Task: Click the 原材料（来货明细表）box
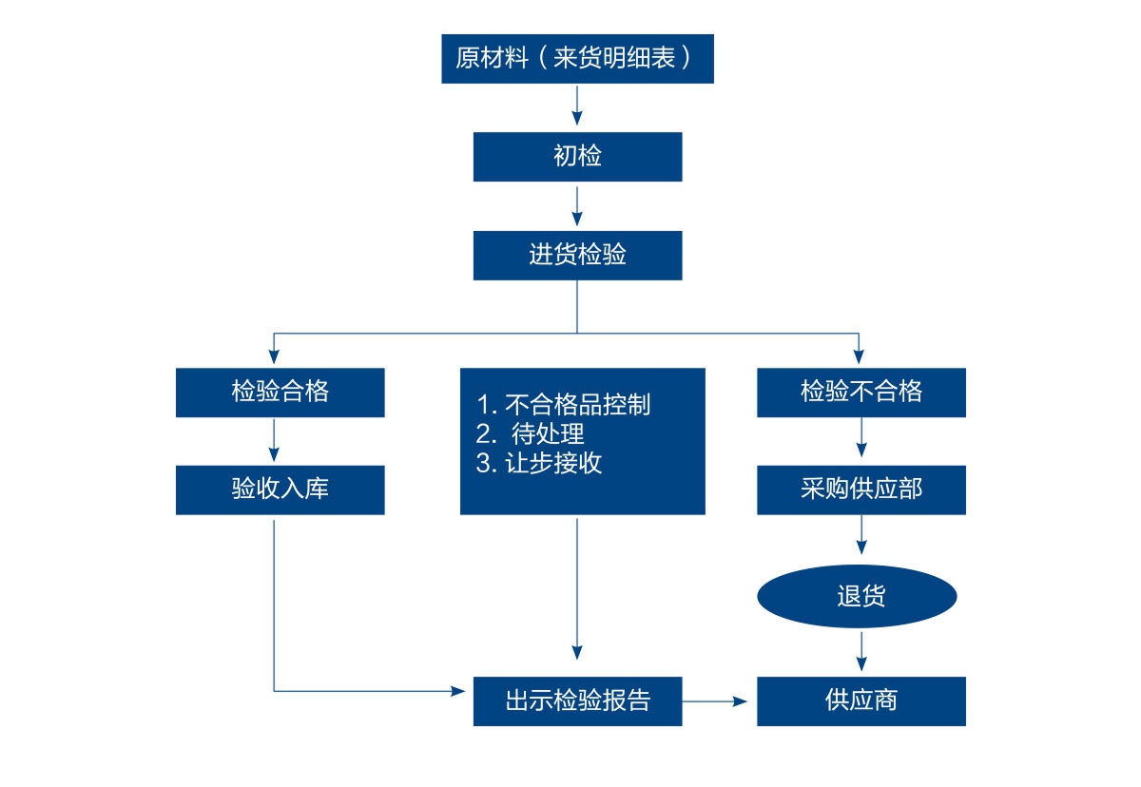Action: [x=577, y=59]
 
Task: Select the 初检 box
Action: [x=577, y=157]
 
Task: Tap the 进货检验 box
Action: [x=577, y=256]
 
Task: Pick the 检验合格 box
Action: [x=280, y=393]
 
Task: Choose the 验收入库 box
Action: [x=280, y=490]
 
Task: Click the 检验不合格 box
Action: [x=861, y=393]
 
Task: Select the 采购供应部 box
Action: [x=861, y=490]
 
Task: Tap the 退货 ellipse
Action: [x=857, y=596]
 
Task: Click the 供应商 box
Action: [x=861, y=701]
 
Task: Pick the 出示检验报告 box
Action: [x=577, y=701]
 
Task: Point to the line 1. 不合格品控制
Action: [x=563, y=405]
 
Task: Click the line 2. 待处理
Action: [x=530, y=434]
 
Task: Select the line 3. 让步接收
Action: [x=539, y=463]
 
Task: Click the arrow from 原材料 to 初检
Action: [x=576, y=106]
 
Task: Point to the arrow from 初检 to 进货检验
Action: [x=576, y=206]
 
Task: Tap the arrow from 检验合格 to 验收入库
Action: [x=274, y=440]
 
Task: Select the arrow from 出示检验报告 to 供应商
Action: [x=715, y=701]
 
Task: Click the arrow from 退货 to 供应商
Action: [x=861, y=652]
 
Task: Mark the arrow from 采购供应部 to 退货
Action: [x=861, y=534]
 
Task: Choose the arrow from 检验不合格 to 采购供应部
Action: [x=861, y=438]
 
